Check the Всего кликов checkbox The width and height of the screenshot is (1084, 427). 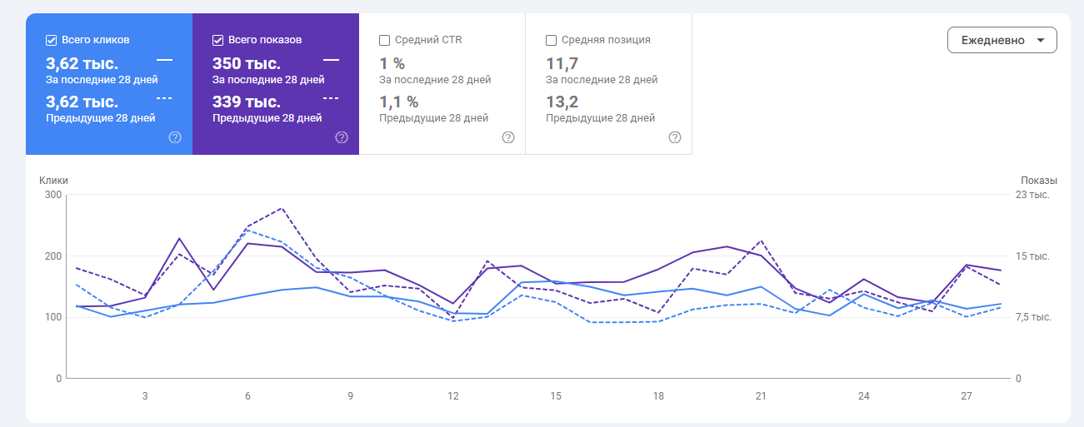pos(52,40)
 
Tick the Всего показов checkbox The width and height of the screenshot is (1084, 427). pos(218,40)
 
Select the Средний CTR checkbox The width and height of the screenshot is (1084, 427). pos(385,40)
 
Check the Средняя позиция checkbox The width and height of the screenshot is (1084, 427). pos(552,40)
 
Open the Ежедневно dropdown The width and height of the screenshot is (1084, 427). pos(1002,40)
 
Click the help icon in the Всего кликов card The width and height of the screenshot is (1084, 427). pos(175,137)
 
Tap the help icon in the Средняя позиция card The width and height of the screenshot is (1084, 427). pos(675,137)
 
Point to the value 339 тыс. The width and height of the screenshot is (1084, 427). pos(247,102)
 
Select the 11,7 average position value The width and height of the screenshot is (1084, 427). pos(562,63)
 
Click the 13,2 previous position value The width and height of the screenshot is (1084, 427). pos(562,102)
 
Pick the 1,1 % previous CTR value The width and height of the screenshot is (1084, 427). pos(399,102)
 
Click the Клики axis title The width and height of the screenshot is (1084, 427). pos(53,180)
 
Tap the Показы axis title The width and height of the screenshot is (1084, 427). pos(1038,180)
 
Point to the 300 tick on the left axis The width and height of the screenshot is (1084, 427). pos(53,195)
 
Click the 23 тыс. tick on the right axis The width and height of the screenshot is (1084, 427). pos(1032,195)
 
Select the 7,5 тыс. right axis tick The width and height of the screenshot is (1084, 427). pos(1033,317)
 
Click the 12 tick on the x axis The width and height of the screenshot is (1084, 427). pos(453,396)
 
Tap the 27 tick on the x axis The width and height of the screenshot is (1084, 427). pos(967,396)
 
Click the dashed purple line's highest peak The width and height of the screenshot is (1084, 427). pos(282,208)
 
